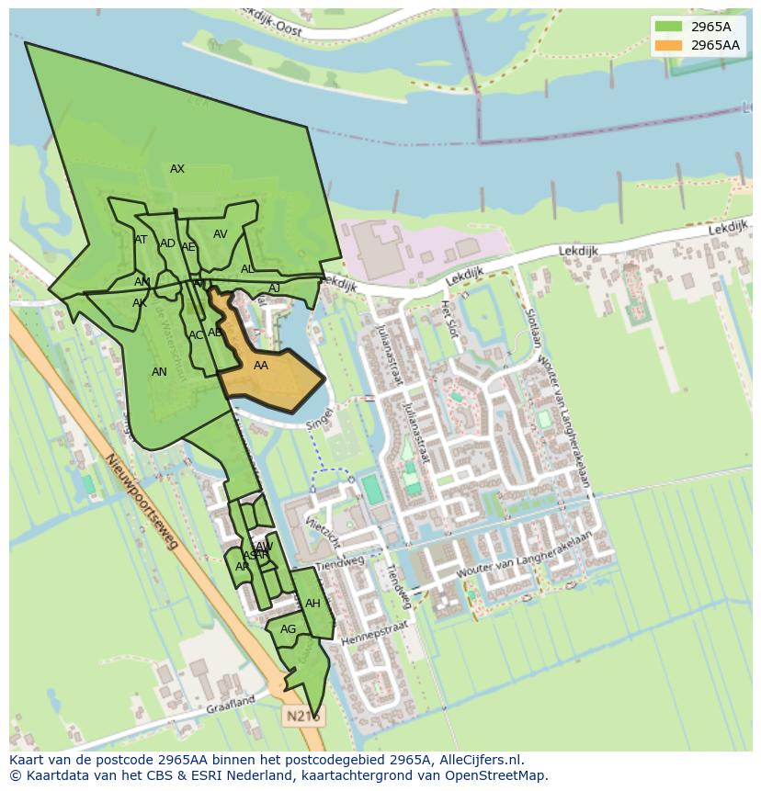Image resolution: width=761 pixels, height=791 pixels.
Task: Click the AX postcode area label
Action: click(177, 169)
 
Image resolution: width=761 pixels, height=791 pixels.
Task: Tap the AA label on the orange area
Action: click(261, 366)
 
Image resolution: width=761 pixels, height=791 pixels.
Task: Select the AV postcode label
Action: click(221, 234)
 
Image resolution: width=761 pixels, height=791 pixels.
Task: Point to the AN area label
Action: click(159, 372)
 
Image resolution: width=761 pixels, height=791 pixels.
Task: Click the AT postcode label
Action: click(141, 240)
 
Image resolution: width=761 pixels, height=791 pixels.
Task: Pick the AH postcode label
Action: click(312, 604)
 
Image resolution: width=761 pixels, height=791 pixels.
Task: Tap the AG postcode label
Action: click(289, 629)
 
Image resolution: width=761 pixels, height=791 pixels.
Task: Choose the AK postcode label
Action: click(140, 303)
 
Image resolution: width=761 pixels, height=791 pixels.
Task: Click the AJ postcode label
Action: click(274, 288)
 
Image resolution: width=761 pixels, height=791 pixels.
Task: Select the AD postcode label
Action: click(167, 243)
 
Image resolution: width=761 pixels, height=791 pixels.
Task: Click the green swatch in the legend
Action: click(668, 27)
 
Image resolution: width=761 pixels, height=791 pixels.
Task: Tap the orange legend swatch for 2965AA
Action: click(668, 45)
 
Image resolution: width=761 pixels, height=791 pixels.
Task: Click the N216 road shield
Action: click(302, 715)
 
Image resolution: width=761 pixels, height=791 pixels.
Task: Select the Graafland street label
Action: click(230, 704)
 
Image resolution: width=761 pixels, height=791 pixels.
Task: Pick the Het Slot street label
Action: click(448, 317)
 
